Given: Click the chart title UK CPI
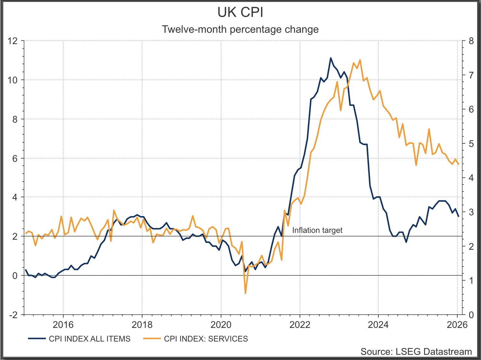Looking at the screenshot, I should [240, 12].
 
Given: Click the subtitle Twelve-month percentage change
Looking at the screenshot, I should [240, 29].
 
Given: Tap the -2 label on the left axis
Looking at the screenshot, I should [13, 315].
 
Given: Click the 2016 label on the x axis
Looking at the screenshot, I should [63, 325].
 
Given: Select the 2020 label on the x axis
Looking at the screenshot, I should [221, 325].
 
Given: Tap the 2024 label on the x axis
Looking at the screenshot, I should [378, 325].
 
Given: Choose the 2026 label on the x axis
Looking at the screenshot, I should [457, 325].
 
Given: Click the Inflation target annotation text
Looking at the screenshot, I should [317, 230].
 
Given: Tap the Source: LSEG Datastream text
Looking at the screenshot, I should [416, 352].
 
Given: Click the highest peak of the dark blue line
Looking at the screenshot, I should [331, 58].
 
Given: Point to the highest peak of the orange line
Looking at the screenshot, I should [360, 60].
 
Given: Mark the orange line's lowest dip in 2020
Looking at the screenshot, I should [245, 293].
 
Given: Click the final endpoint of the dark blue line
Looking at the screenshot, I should [458, 216].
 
